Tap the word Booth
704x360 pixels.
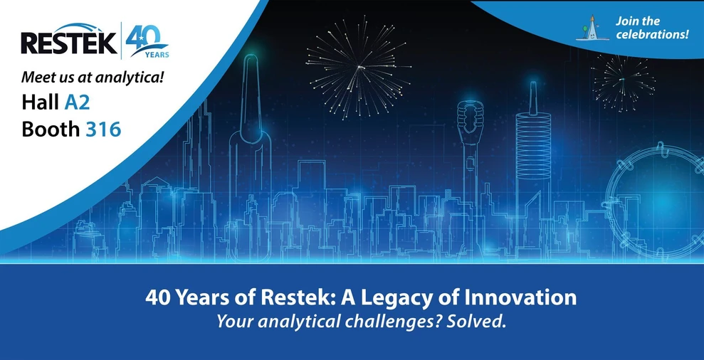click(x=51, y=129)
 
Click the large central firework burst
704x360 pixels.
click(x=359, y=68)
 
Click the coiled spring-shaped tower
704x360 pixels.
click(x=532, y=142)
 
